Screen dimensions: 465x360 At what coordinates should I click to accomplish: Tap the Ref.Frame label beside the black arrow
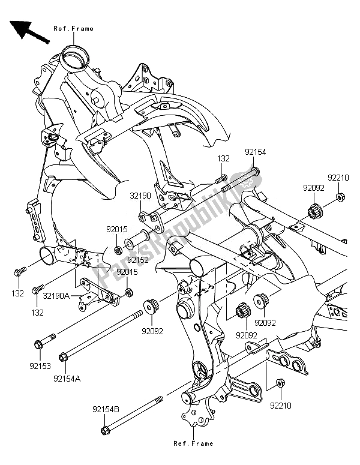[74, 28]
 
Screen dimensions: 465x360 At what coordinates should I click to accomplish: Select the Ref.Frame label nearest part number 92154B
[194, 443]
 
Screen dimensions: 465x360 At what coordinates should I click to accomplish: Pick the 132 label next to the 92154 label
[223, 158]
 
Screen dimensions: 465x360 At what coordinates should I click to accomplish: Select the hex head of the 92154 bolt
[255, 173]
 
